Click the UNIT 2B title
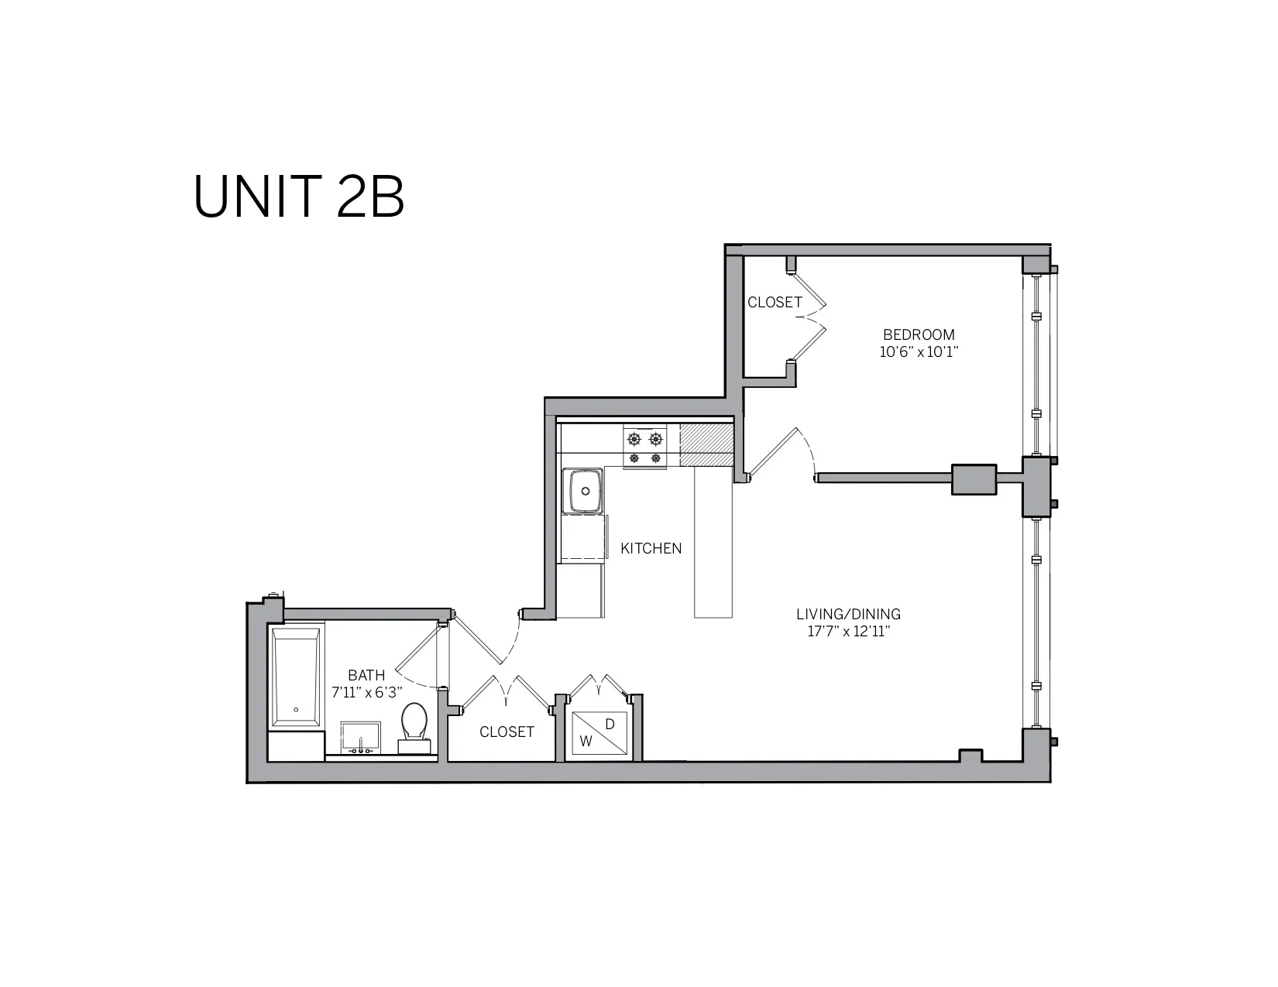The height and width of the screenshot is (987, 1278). coord(298,197)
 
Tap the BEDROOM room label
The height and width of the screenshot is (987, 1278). coord(919,334)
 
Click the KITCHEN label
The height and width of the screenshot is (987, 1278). coord(651,548)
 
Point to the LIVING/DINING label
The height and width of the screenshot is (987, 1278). coord(848,614)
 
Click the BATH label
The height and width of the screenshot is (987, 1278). coord(366,675)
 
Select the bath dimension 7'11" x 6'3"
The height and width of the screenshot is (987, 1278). coord(367,693)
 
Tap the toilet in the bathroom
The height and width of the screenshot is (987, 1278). coord(414,724)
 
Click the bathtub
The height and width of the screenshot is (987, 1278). coord(295,677)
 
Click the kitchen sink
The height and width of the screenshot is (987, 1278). coord(586,491)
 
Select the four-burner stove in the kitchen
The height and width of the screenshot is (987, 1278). coord(645,448)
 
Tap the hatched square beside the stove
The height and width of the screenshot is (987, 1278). coord(706,445)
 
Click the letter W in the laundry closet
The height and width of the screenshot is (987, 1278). coord(586,741)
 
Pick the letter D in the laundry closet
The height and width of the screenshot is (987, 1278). coord(610,724)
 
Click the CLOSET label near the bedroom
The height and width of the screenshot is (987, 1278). coord(775,302)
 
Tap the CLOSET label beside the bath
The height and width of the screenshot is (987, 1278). coord(507,732)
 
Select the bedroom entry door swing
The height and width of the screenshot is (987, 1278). coord(782,453)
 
